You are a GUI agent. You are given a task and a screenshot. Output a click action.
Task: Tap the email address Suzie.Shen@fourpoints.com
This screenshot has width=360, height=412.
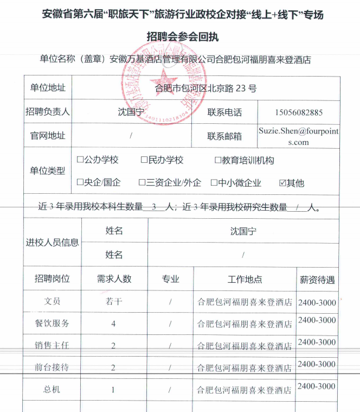pyautogui.click(x=298, y=136)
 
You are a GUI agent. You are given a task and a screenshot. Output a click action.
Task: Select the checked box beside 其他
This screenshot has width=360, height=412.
pyautogui.click(x=282, y=183)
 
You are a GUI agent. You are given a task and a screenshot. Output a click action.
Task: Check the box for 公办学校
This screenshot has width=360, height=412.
pyautogui.click(x=80, y=160)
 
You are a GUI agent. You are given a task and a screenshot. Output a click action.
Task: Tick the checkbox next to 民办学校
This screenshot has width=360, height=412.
pyautogui.click(x=144, y=160)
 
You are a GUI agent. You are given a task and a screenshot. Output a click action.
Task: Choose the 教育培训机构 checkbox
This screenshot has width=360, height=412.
pyautogui.click(x=218, y=161)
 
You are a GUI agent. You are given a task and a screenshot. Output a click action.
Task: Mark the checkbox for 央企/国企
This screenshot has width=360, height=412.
pyautogui.click(x=80, y=183)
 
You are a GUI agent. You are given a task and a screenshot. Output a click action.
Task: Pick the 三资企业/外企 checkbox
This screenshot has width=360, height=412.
pyautogui.click(x=142, y=183)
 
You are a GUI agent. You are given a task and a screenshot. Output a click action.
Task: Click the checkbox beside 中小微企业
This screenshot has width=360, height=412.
pyautogui.click(x=214, y=183)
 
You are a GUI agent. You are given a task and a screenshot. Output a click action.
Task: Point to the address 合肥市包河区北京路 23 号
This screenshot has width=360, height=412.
pyautogui.click(x=206, y=88)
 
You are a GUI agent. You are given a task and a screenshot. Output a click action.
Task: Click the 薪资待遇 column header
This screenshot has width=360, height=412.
pyautogui.click(x=317, y=280)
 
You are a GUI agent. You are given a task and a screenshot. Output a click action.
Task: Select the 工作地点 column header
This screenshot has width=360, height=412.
pyautogui.click(x=245, y=280)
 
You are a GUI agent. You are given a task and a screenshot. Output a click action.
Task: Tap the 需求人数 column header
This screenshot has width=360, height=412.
pyautogui.click(x=114, y=280)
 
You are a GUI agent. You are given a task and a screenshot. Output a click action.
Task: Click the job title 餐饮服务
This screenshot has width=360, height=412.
pyautogui.click(x=52, y=324)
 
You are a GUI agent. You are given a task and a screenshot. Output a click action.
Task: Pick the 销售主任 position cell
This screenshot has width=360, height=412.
pyautogui.click(x=52, y=345)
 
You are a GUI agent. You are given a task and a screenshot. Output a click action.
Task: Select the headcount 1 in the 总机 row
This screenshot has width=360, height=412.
pyautogui.click(x=113, y=389)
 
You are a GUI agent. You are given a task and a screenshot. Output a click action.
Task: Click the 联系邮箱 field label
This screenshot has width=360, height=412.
pyautogui.click(x=224, y=136)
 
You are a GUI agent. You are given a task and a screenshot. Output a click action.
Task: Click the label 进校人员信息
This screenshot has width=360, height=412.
pyautogui.click(x=52, y=242)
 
